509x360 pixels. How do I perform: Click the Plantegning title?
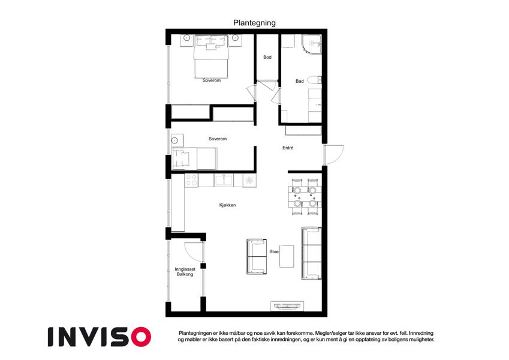(x=254, y=23)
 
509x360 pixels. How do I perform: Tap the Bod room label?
(x=267, y=57)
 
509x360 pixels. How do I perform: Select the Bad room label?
(x=300, y=81)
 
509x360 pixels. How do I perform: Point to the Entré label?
(x=288, y=148)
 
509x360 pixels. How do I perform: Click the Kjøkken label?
(x=227, y=205)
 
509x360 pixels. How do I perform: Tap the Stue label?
(x=274, y=251)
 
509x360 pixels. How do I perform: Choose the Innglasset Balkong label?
(x=185, y=272)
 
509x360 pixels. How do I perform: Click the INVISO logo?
(x=100, y=337)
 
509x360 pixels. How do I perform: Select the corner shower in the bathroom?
(x=311, y=44)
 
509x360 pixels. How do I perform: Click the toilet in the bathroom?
(x=314, y=80)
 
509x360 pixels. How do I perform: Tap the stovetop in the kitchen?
(x=191, y=181)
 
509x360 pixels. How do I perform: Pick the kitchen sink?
(x=224, y=181)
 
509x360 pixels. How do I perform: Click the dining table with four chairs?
(x=305, y=197)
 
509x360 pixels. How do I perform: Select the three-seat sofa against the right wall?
(x=312, y=253)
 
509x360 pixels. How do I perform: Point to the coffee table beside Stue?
(x=287, y=256)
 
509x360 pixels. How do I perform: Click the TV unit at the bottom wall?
(x=287, y=306)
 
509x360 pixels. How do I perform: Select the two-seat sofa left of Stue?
(x=257, y=257)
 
